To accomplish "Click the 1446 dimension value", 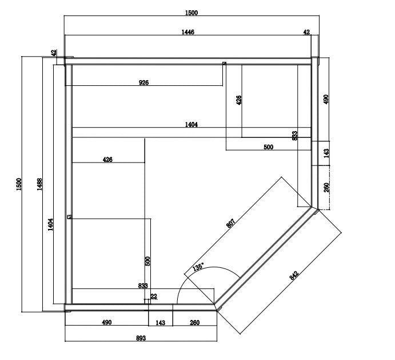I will (188, 33).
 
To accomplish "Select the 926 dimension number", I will (144, 83).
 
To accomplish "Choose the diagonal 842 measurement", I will (294, 275).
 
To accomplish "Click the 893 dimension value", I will (141, 338).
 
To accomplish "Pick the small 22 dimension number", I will (154, 296).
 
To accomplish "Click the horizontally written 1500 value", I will (192, 12).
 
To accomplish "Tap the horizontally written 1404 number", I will (191, 125).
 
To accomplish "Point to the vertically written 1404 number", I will (50, 224).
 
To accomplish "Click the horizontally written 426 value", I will (107, 160).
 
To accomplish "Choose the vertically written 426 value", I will (239, 100).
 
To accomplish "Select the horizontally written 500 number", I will (268, 147).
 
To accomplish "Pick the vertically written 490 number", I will (326, 99).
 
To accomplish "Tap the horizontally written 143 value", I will (161, 323).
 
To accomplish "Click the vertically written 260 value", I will (326, 188).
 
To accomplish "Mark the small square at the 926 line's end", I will (224, 64).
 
